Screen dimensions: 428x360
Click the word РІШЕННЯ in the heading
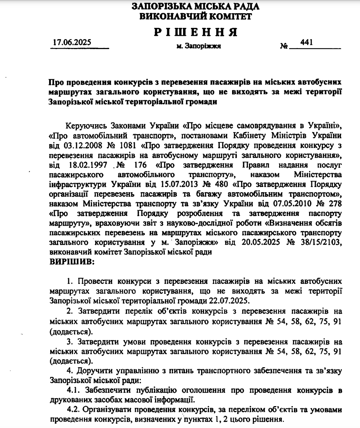(x=196, y=32)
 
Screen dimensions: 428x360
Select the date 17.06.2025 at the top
(x=72, y=42)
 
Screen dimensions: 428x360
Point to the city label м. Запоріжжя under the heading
(x=198, y=46)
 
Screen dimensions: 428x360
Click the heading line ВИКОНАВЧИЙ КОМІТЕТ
(x=196, y=16)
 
